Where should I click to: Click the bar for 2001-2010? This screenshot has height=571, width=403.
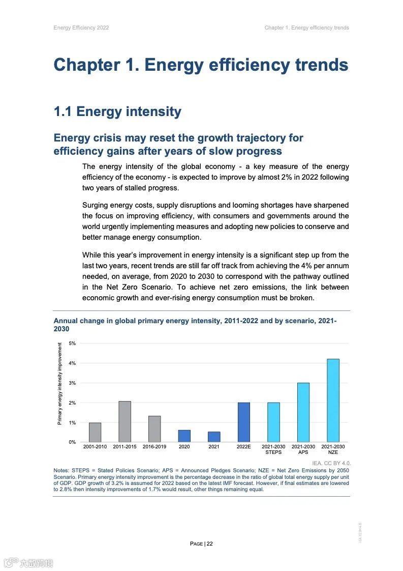click(x=95, y=432)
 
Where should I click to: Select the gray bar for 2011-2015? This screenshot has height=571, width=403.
click(x=125, y=421)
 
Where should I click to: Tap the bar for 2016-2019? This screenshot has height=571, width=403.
click(x=154, y=429)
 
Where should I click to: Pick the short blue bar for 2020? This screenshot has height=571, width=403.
click(x=184, y=436)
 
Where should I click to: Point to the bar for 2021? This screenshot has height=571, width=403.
click(x=214, y=437)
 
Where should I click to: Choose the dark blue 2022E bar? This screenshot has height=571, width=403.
click(x=243, y=422)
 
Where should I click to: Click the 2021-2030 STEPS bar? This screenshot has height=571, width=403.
click(x=273, y=422)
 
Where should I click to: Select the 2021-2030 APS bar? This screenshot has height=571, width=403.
click(x=303, y=412)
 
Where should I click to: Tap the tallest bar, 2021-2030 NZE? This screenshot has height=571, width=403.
click(x=333, y=401)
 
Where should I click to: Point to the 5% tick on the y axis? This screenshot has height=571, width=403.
click(x=72, y=344)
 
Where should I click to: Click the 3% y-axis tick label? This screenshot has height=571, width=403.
click(x=72, y=383)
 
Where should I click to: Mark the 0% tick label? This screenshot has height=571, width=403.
click(x=72, y=442)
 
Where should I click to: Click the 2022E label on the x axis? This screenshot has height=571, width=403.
click(x=243, y=447)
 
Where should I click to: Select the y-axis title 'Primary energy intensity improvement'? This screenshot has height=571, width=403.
click(x=59, y=384)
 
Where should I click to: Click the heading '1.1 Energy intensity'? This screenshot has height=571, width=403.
click(x=117, y=112)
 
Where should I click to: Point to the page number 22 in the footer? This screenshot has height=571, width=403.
click(x=209, y=544)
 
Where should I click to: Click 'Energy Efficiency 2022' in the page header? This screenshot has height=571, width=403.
click(x=81, y=27)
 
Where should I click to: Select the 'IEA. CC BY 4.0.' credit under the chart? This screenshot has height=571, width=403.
click(x=331, y=463)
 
